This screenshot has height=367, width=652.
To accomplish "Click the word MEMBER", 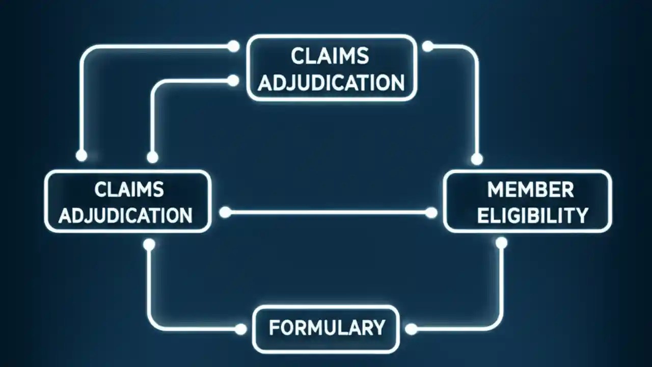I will pos(530,190).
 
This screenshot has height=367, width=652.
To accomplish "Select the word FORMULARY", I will pos(327,327).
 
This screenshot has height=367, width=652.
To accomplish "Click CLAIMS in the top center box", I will pos(330,56).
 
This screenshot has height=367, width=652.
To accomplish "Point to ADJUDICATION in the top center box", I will pos(331,82).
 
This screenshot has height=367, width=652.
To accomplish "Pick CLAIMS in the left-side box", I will pos(129,190).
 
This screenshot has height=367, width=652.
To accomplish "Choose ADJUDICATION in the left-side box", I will pos(125,215).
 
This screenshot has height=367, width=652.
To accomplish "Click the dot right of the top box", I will pos(428,46).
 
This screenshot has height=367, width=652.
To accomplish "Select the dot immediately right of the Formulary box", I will pos(411,330).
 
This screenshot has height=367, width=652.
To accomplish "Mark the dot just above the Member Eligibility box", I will pos(477,160).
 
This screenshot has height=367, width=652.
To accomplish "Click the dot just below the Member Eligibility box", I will pos(501,243).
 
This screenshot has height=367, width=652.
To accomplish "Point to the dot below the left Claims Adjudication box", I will pos(149,245).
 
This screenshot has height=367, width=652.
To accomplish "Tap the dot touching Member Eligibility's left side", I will pos(431,213).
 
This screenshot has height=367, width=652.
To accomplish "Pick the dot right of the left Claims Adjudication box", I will pos(225,213).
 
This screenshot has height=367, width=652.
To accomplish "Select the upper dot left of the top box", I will pos(233,46).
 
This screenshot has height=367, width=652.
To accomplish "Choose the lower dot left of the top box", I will pos(233,81).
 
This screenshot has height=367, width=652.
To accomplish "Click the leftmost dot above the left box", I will pos(81,156).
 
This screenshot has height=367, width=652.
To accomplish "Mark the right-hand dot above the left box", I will pos(152,158).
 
